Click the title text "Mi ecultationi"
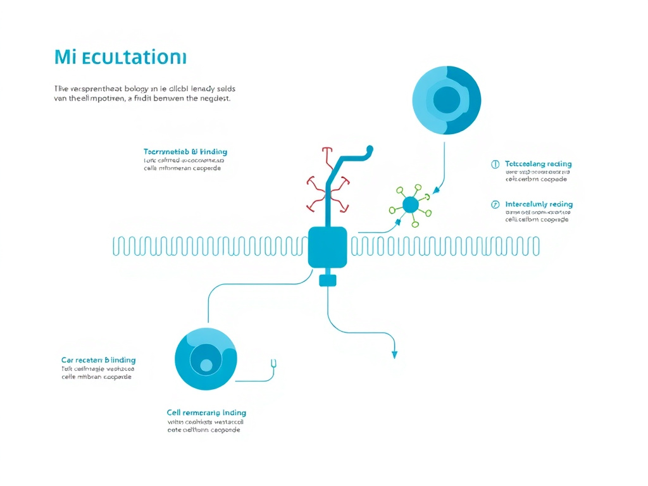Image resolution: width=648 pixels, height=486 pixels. [x=120, y=58]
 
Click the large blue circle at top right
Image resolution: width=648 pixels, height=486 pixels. [x=446, y=100]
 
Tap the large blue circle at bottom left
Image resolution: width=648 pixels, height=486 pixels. [x=206, y=359]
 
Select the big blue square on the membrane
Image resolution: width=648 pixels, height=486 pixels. [x=327, y=247]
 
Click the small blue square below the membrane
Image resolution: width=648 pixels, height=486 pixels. [x=327, y=280]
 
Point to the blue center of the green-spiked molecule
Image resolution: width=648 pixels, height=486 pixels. [x=410, y=204]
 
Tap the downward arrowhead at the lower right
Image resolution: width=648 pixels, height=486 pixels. [x=394, y=354]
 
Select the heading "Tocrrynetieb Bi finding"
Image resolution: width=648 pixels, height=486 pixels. [x=185, y=152]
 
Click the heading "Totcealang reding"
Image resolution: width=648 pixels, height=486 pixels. [x=539, y=164]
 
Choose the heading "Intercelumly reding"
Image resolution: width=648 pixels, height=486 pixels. [x=539, y=204]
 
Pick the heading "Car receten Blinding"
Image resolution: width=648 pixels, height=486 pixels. [x=98, y=360]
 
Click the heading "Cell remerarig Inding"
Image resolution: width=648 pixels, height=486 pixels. [x=206, y=413]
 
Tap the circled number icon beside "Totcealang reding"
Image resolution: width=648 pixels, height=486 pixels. [x=495, y=164]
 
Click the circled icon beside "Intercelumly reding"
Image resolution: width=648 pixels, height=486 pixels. [x=495, y=204]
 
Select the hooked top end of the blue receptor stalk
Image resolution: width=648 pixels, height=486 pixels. [x=368, y=151]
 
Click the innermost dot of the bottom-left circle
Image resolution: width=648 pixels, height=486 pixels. [x=206, y=365]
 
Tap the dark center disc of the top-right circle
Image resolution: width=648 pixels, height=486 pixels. [x=447, y=99]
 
